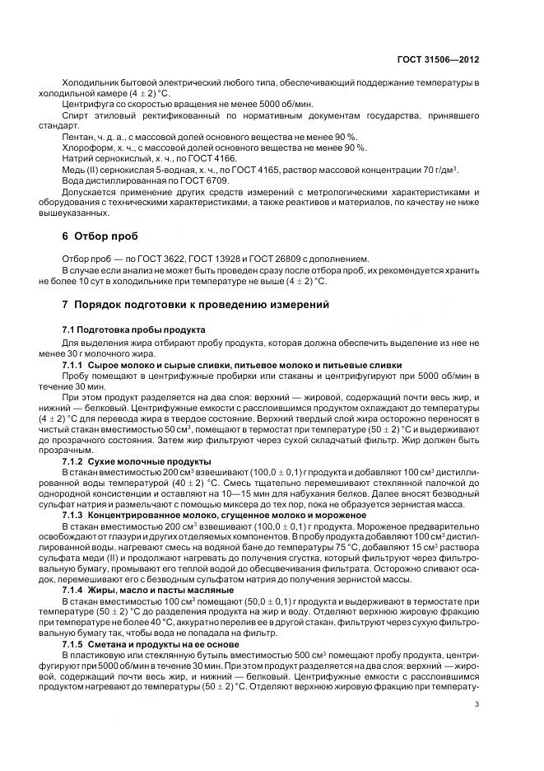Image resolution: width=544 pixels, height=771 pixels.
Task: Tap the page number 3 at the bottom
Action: point(477,704)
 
